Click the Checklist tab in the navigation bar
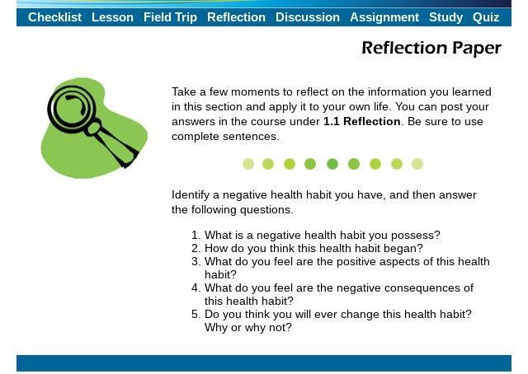click(x=55, y=17)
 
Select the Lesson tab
click(x=112, y=17)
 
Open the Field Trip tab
click(x=171, y=17)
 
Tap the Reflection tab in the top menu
click(x=237, y=17)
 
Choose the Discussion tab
click(x=308, y=17)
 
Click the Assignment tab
click(x=384, y=17)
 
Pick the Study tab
click(x=446, y=17)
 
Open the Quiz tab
click(x=486, y=17)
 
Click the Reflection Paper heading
click(x=431, y=48)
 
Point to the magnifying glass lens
click(x=72, y=108)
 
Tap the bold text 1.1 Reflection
click(x=362, y=121)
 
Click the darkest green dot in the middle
click(x=332, y=164)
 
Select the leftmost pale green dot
click(x=248, y=164)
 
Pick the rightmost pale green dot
click(x=417, y=164)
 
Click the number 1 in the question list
click(x=195, y=235)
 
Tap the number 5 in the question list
click(x=195, y=315)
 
